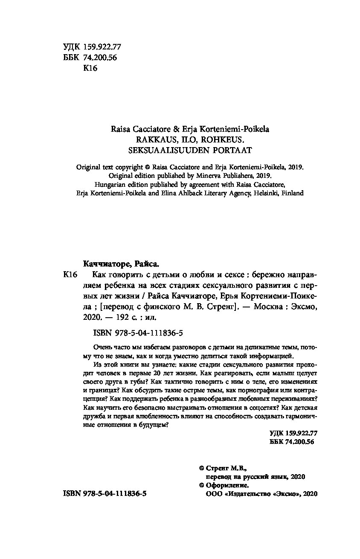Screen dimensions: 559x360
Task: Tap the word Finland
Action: pyautogui.click(x=292, y=193)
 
